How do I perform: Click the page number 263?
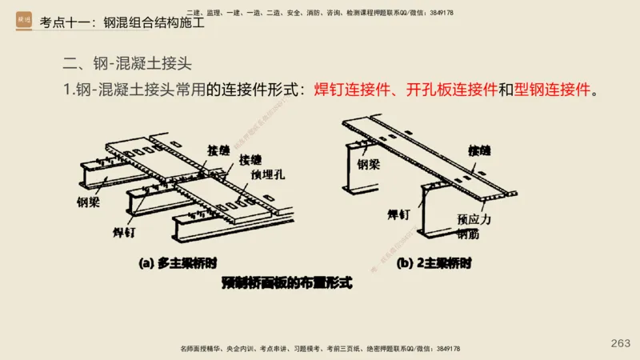pyautogui.click(x=620, y=343)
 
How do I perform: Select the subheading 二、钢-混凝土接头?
pyautogui.click(x=127, y=62)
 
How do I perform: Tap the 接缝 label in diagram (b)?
pyautogui.click(x=480, y=150)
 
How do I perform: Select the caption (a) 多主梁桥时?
pyautogui.click(x=178, y=262)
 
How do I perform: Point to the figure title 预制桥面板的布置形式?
pyautogui.click(x=287, y=282)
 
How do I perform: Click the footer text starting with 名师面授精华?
pyautogui.click(x=320, y=350)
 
